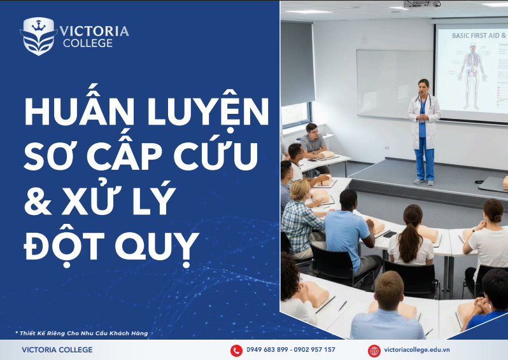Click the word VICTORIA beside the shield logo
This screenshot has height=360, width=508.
pos(94,31)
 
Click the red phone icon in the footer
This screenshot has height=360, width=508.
pos(236,350)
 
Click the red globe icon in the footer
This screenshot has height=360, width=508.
pos(374,350)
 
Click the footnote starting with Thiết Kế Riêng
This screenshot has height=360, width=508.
pos(81,333)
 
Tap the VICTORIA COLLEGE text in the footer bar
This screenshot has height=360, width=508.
pos(57,350)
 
